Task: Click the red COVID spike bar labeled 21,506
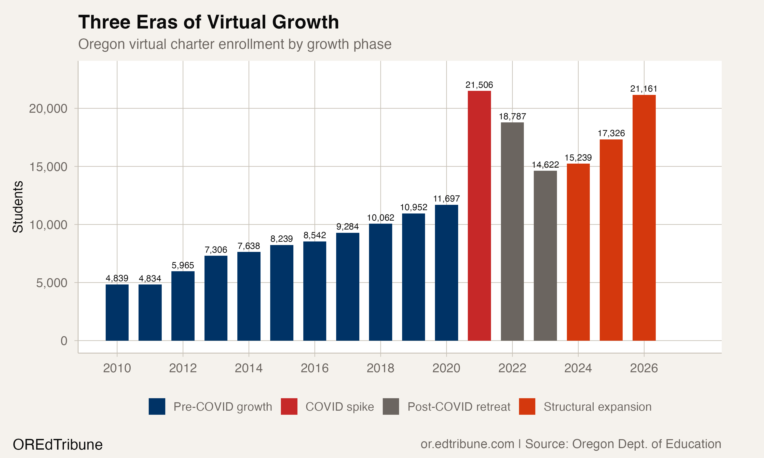[x=479, y=216]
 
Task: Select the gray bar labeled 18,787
[x=512, y=232]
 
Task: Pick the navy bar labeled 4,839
[x=117, y=312]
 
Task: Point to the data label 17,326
[x=611, y=133]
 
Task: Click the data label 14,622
[x=545, y=165]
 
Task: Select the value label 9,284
[x=347, y=227]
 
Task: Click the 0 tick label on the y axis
[x=64, y=341]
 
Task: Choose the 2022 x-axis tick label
[x=512, y=368]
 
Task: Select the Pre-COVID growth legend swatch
[x=157, y=406]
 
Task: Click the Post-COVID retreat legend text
[x=459, y=407]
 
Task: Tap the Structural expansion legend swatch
[x=527, y=406]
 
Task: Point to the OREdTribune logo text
[x=58, y=445]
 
